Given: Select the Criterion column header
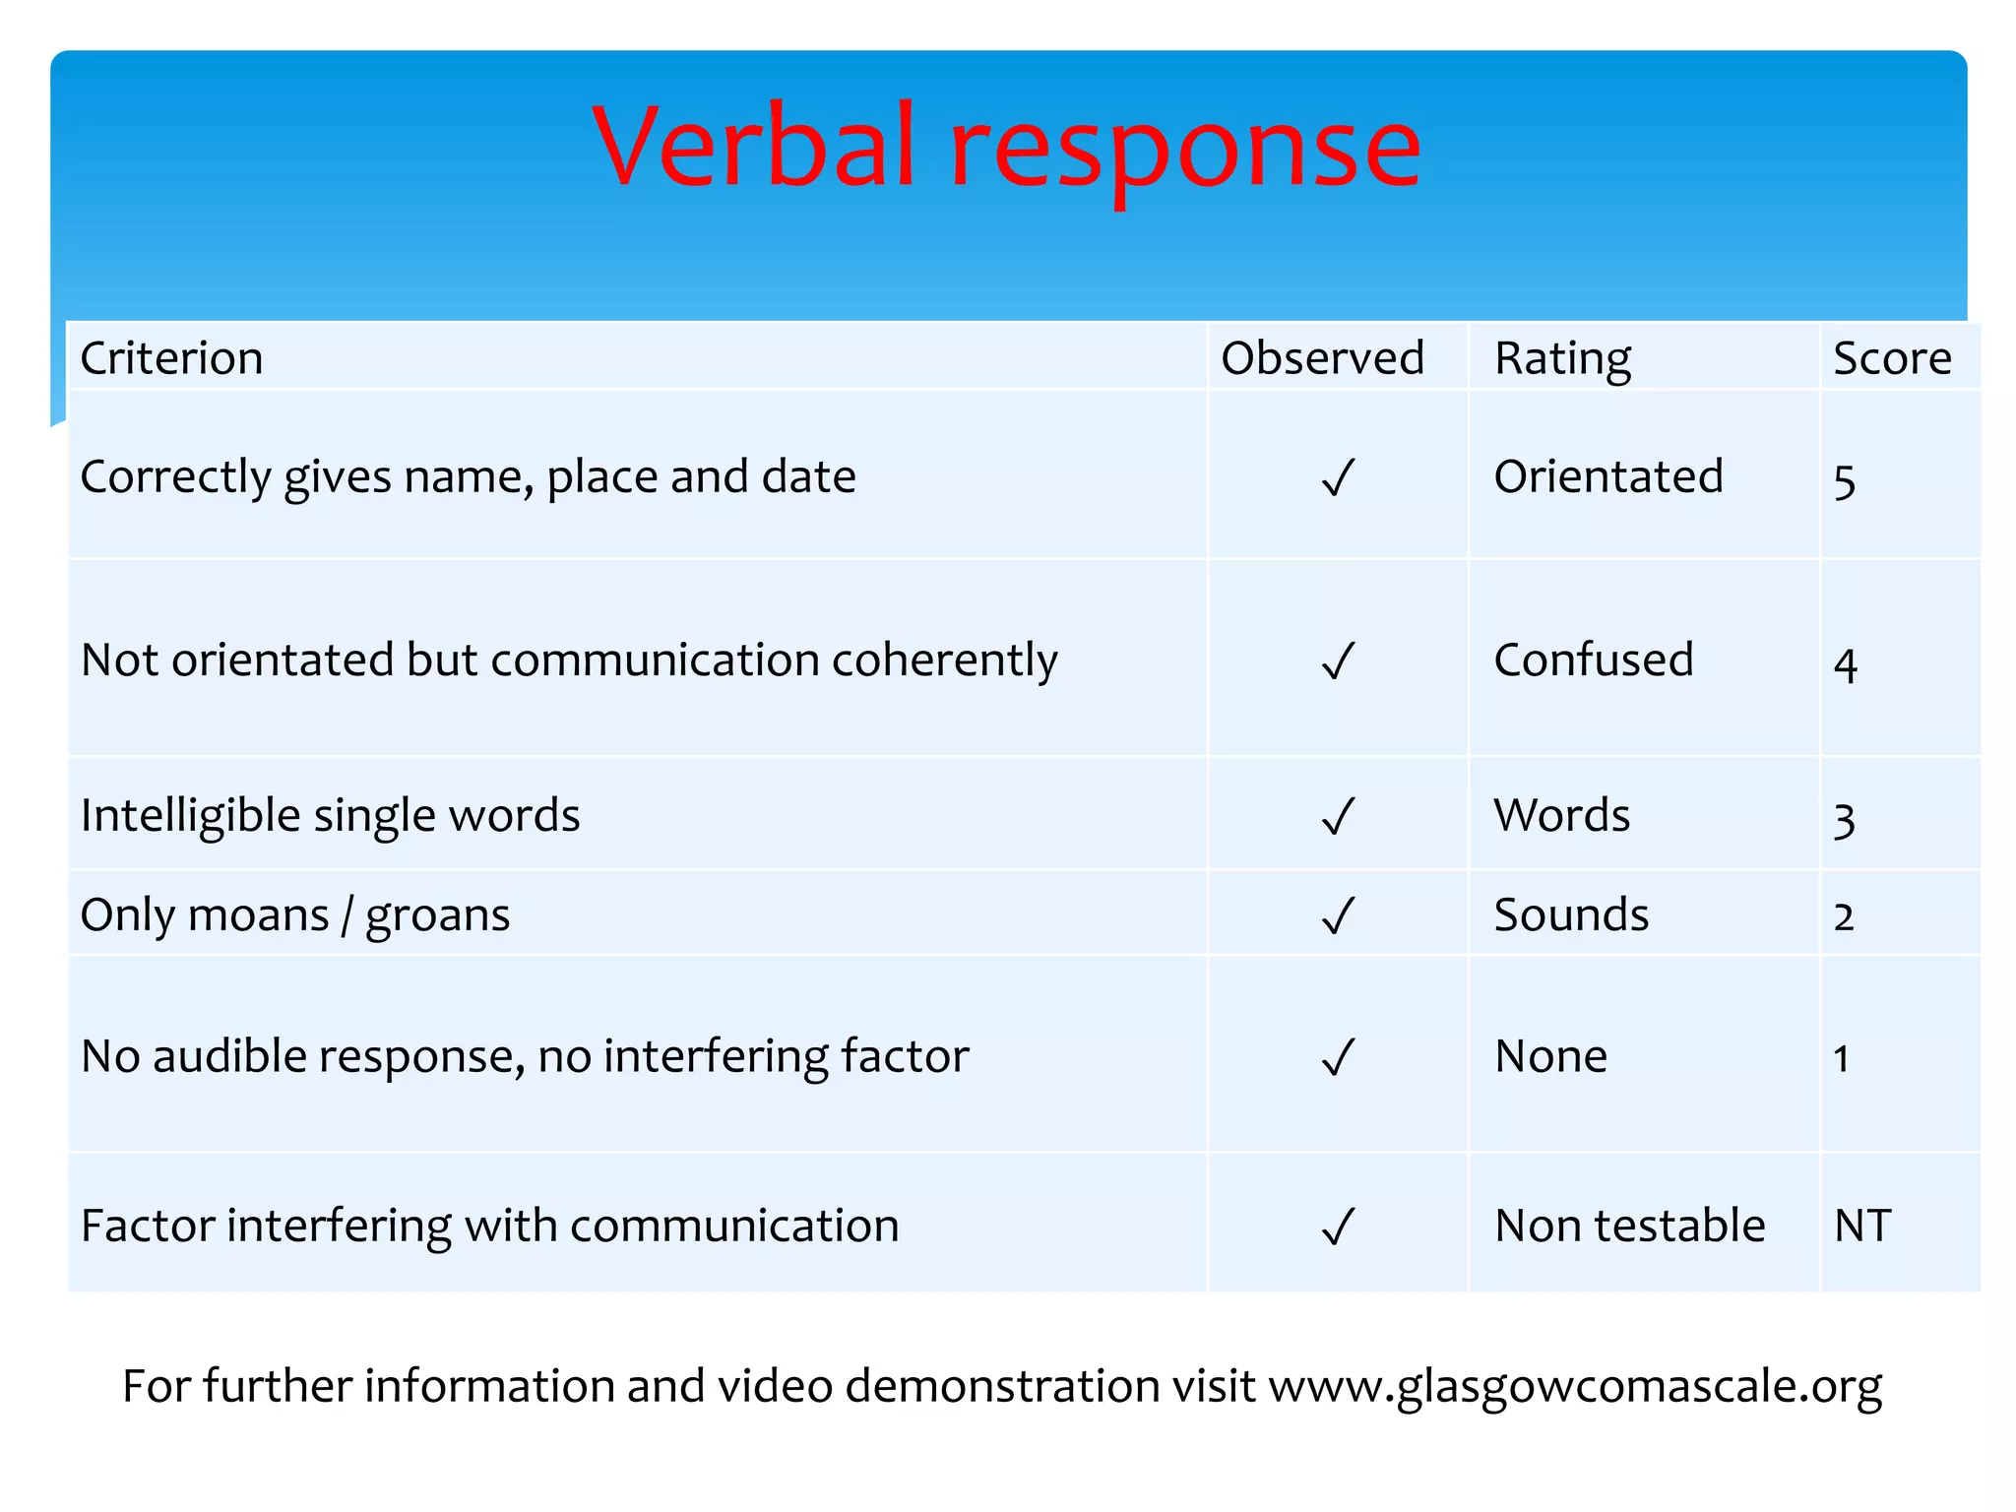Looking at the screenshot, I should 171,357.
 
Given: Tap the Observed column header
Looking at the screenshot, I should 1322,357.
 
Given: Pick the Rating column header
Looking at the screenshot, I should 1562,358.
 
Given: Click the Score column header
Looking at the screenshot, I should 1891,357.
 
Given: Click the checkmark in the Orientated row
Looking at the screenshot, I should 1338,477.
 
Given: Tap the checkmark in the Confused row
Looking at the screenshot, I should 1338,661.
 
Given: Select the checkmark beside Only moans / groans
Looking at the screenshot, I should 1338,915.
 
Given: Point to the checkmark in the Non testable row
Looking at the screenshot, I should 1338,1227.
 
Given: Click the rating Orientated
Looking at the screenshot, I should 1607,476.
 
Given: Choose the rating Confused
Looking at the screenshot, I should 1593,660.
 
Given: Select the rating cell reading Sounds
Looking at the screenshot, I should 1571,914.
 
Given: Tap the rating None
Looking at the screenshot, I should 1550,1056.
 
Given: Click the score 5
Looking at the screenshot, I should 1844,482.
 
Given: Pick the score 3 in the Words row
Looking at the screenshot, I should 1844,820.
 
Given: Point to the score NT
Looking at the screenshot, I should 1862,1226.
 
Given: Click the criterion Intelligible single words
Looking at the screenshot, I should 330,816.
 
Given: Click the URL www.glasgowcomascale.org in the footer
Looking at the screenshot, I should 1574,1386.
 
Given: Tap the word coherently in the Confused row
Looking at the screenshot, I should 944,661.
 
